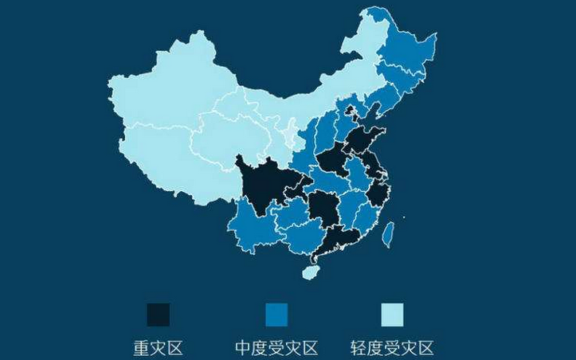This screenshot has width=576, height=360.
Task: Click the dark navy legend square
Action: click(159, 314)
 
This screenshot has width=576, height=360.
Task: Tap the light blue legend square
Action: click(392, 314)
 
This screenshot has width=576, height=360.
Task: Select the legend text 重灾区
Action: click(159, 348)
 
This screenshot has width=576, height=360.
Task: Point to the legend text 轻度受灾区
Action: click(392, 348)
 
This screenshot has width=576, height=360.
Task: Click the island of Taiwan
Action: click(389, 233)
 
